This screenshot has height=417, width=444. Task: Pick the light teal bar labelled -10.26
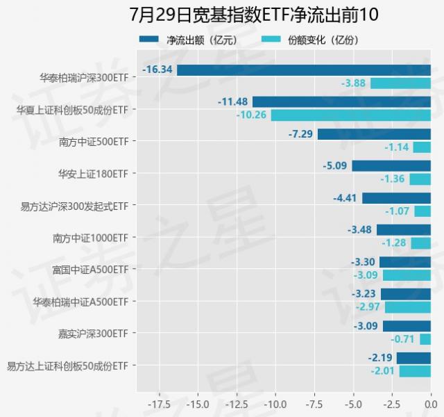coord(350,115)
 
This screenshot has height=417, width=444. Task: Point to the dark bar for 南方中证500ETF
coord(374,134)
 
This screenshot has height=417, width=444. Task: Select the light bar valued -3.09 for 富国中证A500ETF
coord(407,275)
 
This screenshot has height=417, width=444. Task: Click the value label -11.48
coord(232,101)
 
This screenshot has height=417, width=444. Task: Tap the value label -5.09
coord(336,165)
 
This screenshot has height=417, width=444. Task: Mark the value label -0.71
coord(403,339)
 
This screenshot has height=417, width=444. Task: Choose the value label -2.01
coord(382,371)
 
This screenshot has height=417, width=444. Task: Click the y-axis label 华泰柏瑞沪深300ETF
coord(84,77)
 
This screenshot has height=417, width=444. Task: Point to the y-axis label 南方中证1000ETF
coord(90,237)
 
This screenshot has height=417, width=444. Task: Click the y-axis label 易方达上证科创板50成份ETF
coord(67,365)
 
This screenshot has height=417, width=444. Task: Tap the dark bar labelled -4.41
coord(396,198)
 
